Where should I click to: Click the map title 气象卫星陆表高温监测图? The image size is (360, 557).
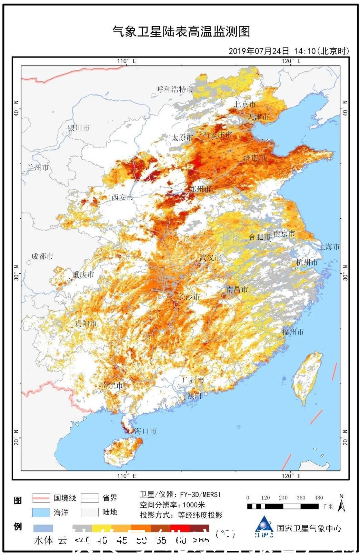coord(181,32)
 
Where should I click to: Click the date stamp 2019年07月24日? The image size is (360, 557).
coord(259,51)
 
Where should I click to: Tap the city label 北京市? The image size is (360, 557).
coord(245,104)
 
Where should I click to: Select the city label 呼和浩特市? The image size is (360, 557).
coord(174,89)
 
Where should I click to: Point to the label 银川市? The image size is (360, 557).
coord(79,128)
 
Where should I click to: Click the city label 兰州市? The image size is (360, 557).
coord(38,168)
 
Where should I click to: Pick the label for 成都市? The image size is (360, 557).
coord(42,256)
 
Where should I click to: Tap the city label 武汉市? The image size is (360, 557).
coord(210,258)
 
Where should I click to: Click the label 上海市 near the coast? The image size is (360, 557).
coord(329,247)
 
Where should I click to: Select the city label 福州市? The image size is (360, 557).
coord(293,332)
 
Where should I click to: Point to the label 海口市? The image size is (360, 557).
coord(145,431)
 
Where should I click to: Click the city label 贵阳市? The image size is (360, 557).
coord(86,324)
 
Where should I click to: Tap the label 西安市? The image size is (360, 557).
coord(122,197)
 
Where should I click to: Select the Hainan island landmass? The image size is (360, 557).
coord(119,452)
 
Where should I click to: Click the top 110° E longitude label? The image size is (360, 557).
coord(126,61)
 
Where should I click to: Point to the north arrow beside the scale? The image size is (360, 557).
coord(341,504)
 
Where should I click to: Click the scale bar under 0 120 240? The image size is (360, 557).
coord(283,506)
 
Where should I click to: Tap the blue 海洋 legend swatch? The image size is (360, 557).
coord(41,512)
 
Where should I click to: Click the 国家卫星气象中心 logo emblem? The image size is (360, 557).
coord(264,528)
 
